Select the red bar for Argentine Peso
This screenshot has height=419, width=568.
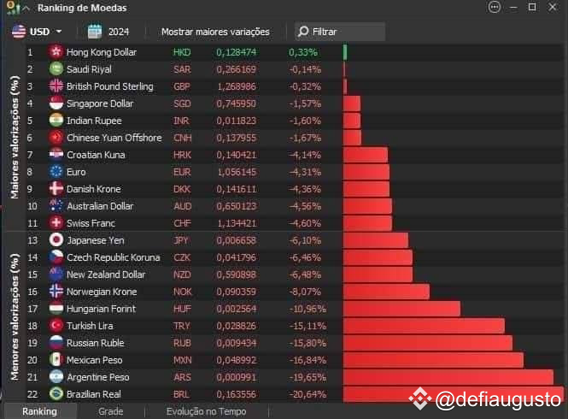point(448,377)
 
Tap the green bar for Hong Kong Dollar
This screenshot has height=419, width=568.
point(345,52)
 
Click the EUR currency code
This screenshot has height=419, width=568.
point(182,172)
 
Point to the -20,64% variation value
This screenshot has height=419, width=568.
point(307,394)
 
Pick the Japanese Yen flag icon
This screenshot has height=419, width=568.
point(56,240)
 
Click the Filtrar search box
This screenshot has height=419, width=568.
point(339,32)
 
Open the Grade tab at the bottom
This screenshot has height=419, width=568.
point(110,411)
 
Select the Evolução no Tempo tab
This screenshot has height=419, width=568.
point(206,411)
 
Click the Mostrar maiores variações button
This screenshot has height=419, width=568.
point(215,32)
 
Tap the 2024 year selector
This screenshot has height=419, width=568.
point(108,32)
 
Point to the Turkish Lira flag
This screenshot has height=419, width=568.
point(56,326)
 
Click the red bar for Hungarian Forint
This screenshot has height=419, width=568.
point(401,309)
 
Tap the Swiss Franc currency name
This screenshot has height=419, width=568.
point(91,223)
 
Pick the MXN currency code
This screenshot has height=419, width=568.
point(183,360)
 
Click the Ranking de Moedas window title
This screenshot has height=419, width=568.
point(82,8)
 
